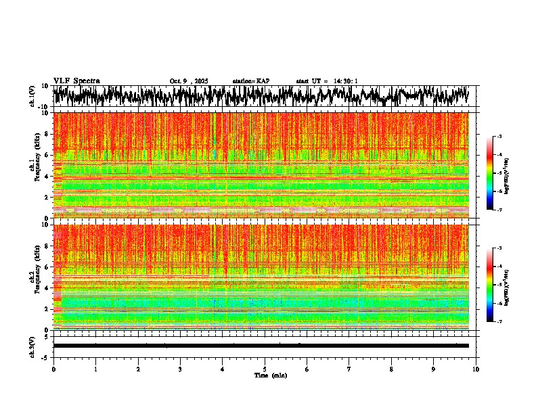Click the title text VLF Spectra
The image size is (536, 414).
point(76,80)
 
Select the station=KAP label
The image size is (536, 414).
point(250,81)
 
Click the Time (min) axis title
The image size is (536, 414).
point(265,375)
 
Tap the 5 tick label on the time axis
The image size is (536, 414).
point(265,369)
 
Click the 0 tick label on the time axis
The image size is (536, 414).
point(53,369)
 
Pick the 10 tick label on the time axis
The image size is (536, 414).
point(476,369)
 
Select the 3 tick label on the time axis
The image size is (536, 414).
point(180,369)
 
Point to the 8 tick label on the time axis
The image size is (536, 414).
point(391,369)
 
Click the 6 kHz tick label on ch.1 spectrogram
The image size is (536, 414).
point(47,155)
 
